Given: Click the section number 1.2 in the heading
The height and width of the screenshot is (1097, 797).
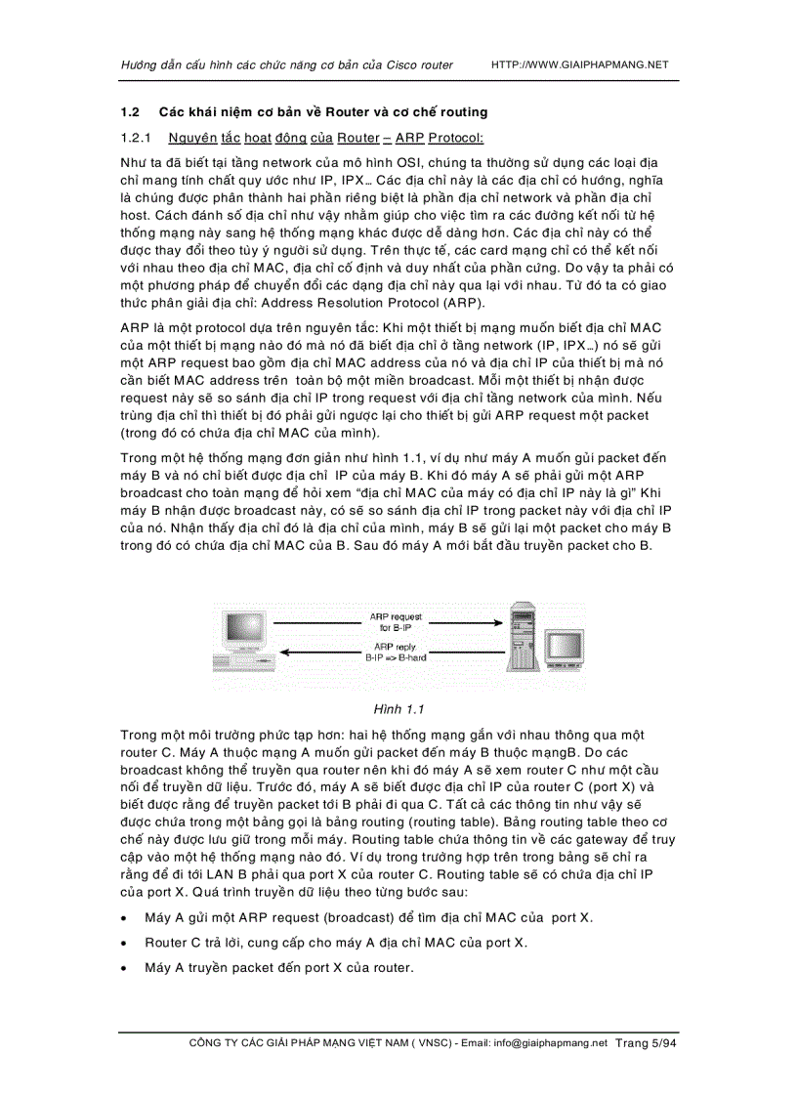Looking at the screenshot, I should pos(130,112).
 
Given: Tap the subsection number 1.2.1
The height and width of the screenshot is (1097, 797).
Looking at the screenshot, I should pos(135,138).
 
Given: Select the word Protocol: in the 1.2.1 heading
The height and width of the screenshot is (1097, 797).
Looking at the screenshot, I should pos(456,138).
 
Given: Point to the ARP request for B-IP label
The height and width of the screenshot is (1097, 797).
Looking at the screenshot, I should pos(396,622).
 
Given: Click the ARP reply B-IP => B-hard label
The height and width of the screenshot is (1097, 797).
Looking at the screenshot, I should pos(396,652).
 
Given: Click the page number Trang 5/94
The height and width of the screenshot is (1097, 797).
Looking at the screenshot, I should pos(646,1043).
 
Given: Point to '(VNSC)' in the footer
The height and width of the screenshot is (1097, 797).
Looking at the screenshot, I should pos(425,1043).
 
